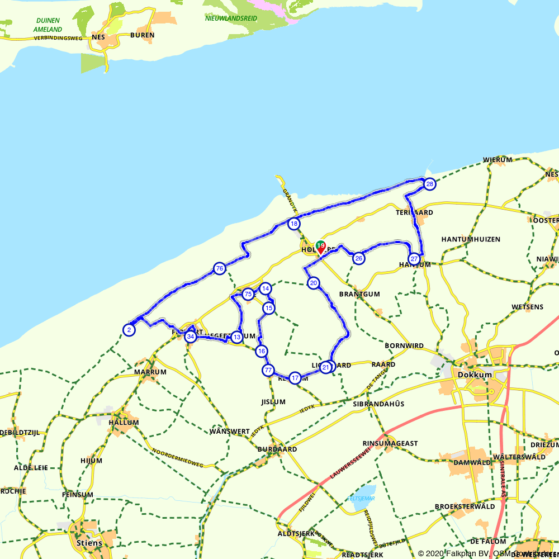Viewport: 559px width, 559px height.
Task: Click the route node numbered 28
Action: coord(429,184)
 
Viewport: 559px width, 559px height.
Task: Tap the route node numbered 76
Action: coord(219,269)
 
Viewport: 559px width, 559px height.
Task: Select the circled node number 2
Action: coord(129,330)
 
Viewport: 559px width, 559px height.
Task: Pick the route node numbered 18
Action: coord(294,224)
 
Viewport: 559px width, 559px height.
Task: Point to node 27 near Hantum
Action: coord(414,259)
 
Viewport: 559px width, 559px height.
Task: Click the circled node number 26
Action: coord(359,258)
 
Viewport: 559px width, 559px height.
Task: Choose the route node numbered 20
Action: coord(314,283)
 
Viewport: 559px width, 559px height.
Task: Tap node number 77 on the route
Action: coord(268,370)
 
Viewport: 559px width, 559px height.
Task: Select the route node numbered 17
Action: coord(295,378)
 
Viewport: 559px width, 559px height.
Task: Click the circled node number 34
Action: coord(191,337)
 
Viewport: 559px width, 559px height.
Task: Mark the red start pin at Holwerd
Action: coord(320,248)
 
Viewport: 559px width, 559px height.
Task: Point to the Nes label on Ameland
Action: coord(98,37)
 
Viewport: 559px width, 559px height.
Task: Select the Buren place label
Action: coord(142,35)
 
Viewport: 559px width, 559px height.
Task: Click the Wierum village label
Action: coord(498,160)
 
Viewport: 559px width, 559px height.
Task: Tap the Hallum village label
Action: coord(124,423)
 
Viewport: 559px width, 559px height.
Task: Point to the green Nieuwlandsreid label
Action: coord(231,18)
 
